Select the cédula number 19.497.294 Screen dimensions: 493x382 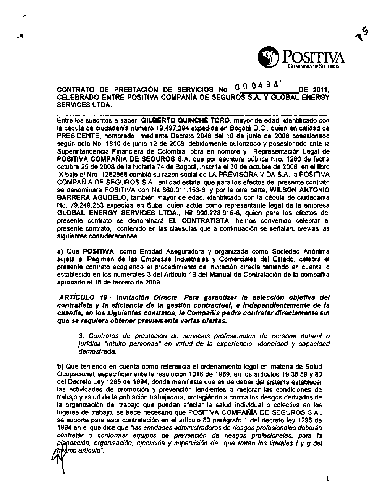[x=175, y=128]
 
